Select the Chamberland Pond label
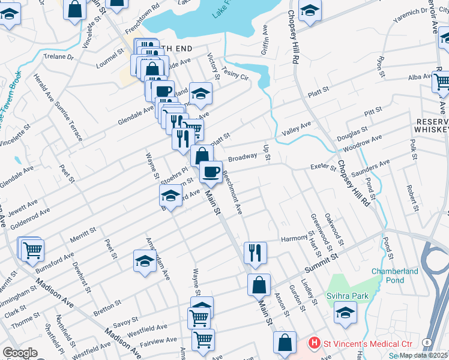click(x=394, y=276)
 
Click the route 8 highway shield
click(x=426, y=341)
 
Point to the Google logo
click(x=20, y=353)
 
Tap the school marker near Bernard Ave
click(x=170, y=196)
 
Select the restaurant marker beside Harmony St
click(x=255, y=253)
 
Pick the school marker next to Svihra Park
click(x=345, y=313)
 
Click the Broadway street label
click(x=243, y=158)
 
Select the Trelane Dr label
click(x=58, y=57)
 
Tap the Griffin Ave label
click(x=265, y=41)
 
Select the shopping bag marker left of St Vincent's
click(x=285, y=343)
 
